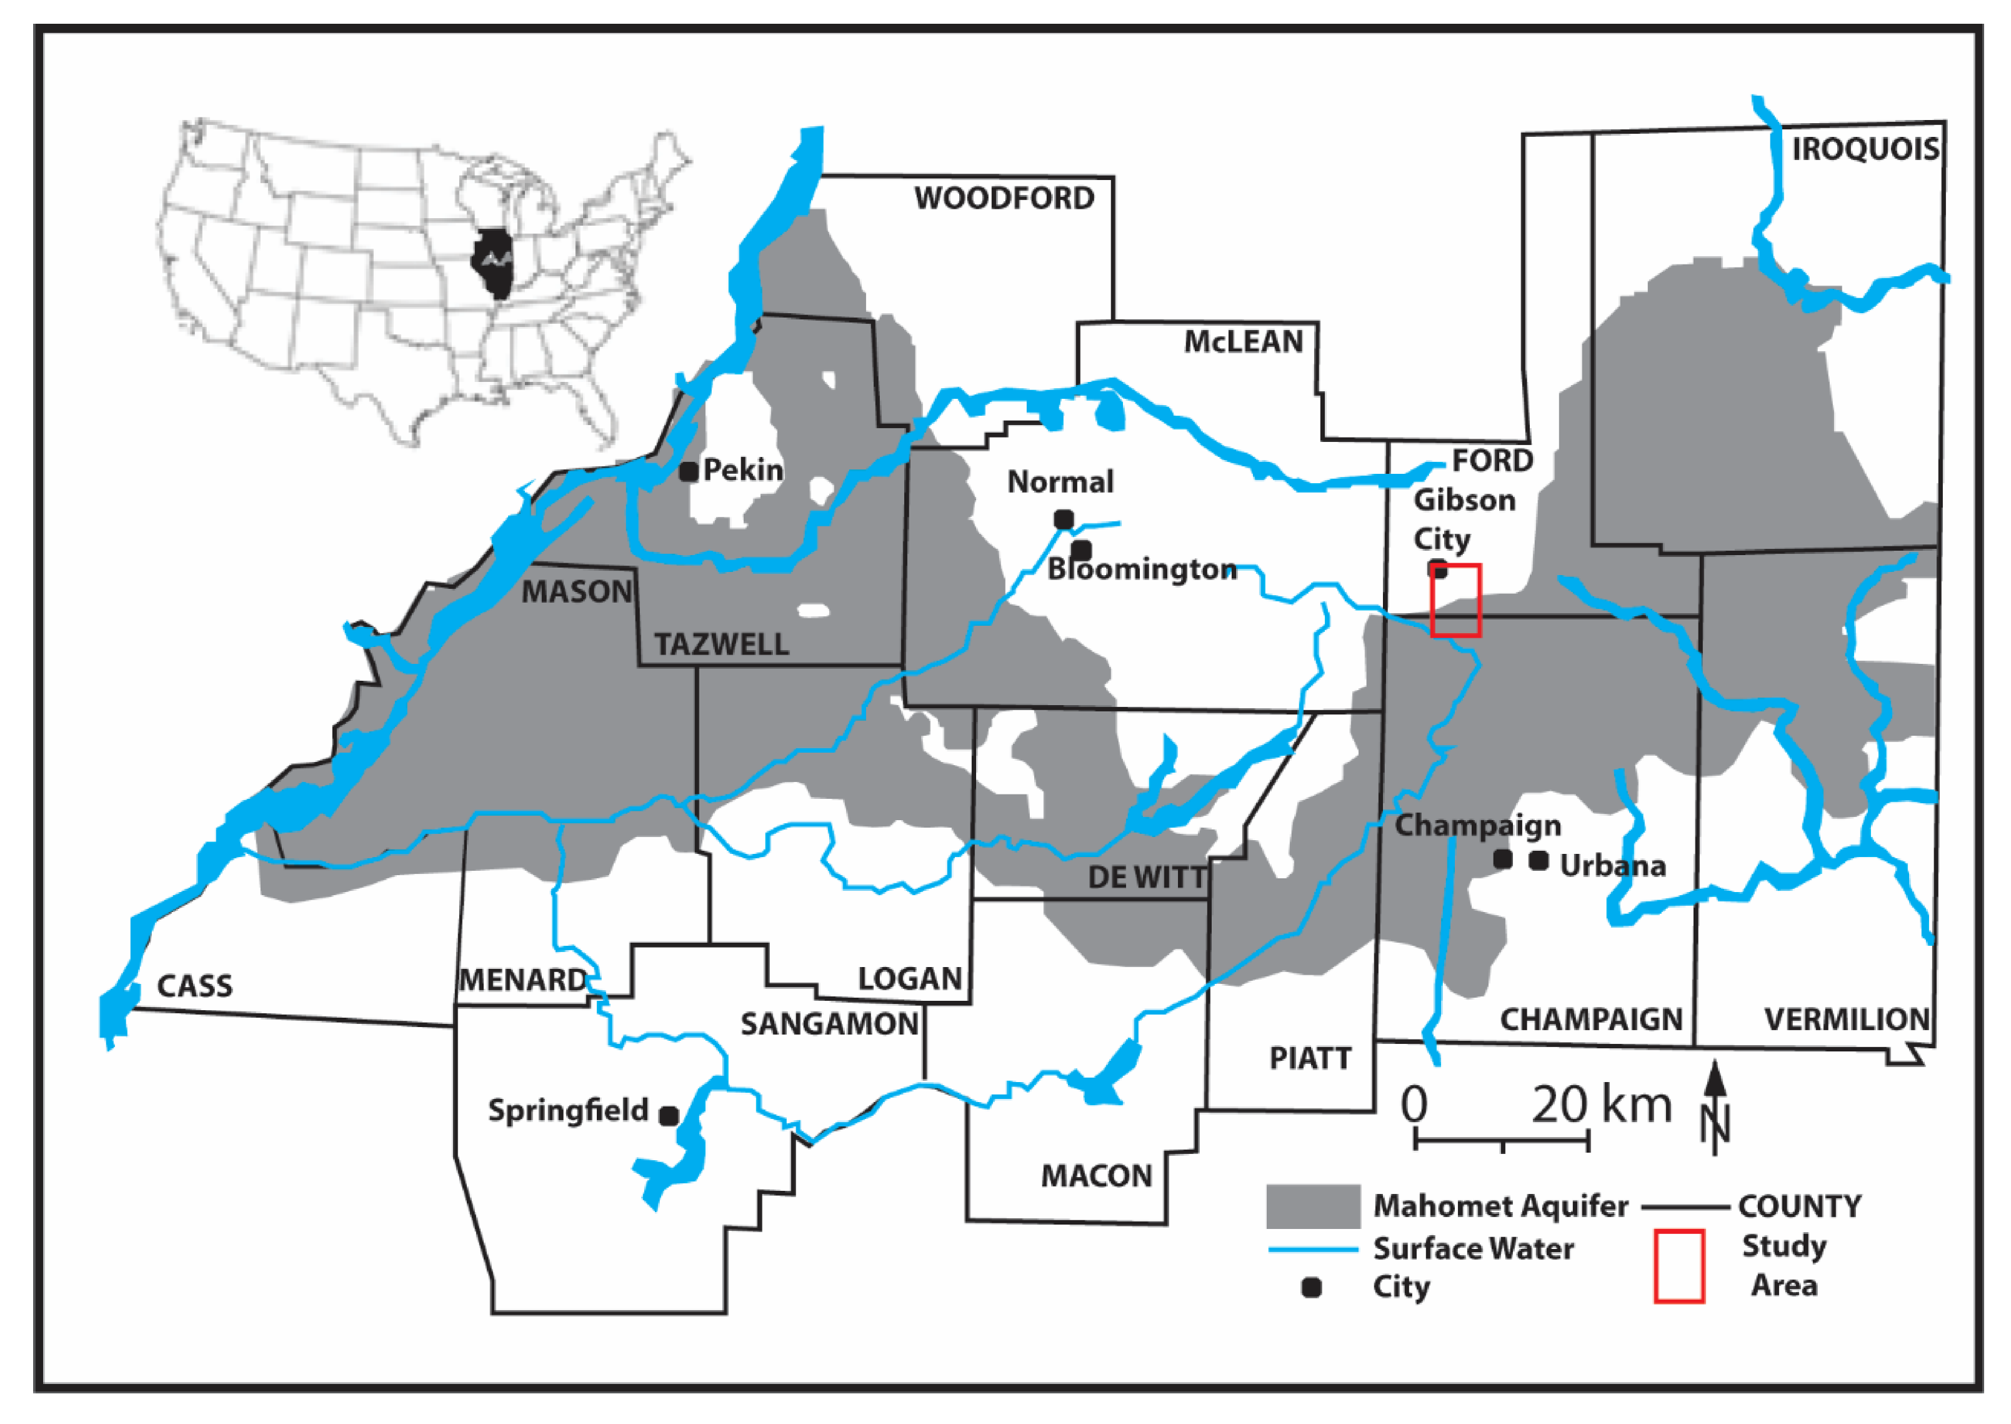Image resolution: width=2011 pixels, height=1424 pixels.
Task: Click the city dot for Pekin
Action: tap(689, 472)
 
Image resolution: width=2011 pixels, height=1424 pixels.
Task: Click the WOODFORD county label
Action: tap(1005, 198)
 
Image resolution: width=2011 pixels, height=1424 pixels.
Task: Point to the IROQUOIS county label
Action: tap(1865, 149)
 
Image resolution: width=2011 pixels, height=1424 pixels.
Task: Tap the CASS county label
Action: tap(194, 986)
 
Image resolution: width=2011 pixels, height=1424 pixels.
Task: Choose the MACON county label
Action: tap(1097, 1176)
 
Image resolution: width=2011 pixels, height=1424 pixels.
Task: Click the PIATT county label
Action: tap(1310, 1058)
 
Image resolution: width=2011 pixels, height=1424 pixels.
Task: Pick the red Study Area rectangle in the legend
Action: tap(1679, 1265)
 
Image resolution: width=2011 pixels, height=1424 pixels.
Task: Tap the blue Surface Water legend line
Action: tap(1312, 1248)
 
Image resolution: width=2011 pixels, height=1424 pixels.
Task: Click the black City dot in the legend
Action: tap(1312, 1287)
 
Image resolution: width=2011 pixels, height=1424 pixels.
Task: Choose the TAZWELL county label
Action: tap(721, 644)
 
